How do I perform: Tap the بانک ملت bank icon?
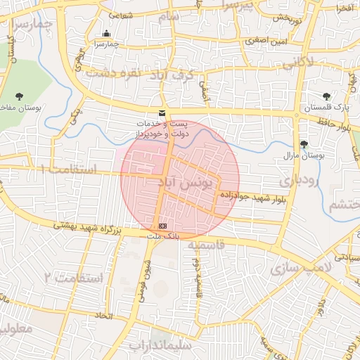(x=163, y=226)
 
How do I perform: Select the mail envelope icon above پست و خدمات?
(x=162, y=113)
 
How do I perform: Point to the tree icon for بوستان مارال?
(x=303, y=144)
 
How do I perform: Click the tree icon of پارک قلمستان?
(x=326, y=96)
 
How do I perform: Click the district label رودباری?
(x=299, y=180)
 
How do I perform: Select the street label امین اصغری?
(x=265, y=41)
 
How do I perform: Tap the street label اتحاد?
(x=103, y=316)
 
